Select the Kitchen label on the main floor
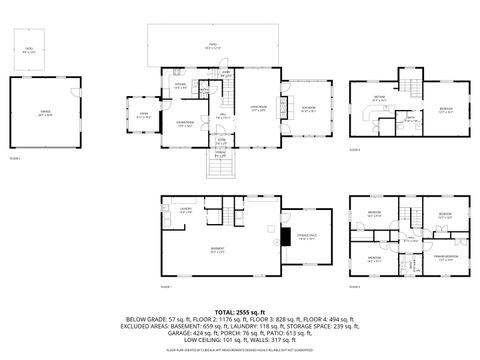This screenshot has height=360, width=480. point(181,87)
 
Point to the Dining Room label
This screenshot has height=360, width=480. point(185,125)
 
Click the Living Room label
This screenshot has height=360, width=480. point(258,109)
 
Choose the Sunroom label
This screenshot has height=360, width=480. point(309,109)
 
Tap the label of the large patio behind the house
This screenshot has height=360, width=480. point(213,45)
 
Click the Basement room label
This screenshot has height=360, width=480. point(218,250)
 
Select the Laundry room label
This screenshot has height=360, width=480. point(186,211)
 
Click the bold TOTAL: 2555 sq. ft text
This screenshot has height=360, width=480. point(239,312)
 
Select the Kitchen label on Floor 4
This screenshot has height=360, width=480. point(379,99)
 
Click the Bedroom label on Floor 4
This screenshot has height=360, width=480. point(445,110)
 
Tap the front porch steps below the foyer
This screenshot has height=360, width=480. point(221,164)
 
